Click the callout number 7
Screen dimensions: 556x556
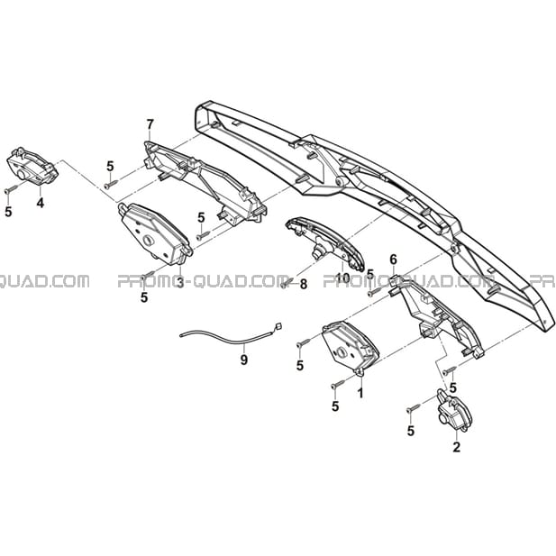(150, 124)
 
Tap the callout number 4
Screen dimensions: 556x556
(41, 203)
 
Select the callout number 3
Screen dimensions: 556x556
(180, 283)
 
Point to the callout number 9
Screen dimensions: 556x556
(243, 360)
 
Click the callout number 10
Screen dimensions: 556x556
(343, 278)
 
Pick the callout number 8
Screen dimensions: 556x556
(304, 285)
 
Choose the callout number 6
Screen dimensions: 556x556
(393, 260)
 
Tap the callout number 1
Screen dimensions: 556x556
(360, 393)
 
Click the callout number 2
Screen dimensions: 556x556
(456, 447)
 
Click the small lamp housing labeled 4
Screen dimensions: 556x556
(32, 167)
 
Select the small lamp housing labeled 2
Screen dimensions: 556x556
(454, 411)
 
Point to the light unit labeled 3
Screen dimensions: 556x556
(155, 234)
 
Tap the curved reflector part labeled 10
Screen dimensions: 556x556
(324, 243)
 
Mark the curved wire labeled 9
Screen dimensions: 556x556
(227, 338)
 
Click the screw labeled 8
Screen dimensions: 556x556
(287, 283)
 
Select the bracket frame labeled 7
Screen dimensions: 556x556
(205, 181)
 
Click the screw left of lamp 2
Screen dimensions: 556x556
(414, 408)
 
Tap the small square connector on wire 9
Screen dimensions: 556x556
(278, 325)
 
